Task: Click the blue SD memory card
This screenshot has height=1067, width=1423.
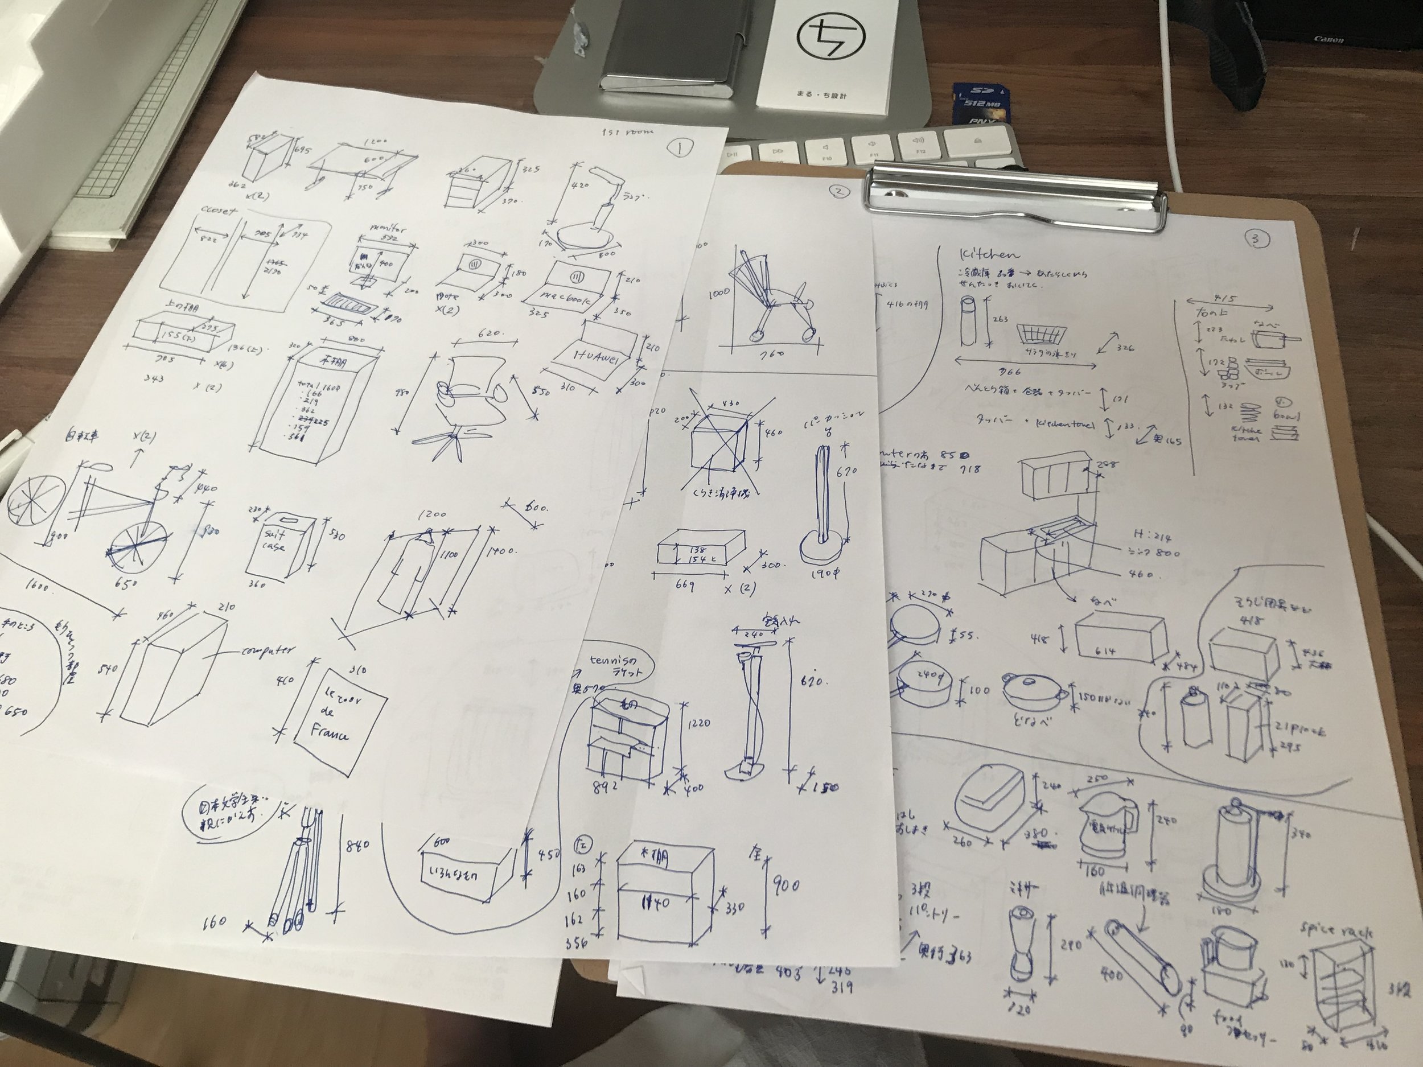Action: pyautogui.click(x=976, y=104)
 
